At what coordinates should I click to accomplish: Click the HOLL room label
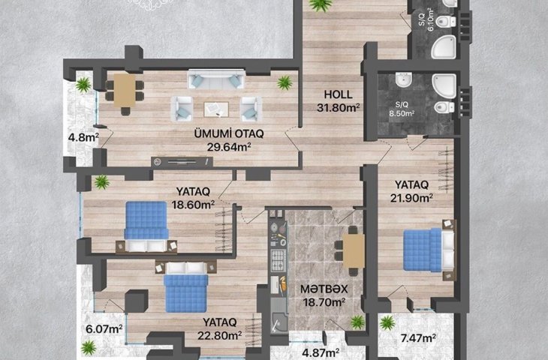338,94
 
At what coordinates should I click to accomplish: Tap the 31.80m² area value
339,108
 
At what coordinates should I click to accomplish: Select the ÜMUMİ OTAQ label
229,133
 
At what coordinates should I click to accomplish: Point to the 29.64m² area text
229,147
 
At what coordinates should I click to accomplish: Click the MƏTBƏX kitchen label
324,289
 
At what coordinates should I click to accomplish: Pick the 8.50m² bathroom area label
402,113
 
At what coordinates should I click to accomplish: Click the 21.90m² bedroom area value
411,198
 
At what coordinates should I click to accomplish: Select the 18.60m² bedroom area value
193,205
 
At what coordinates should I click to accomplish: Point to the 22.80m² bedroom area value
219,335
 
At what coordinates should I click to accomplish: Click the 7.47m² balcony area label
418,338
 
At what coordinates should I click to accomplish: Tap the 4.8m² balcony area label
83,137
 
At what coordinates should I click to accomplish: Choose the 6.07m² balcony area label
104,329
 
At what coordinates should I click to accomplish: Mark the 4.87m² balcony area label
321,352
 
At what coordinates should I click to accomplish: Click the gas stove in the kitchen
279,260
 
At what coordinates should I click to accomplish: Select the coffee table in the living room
216,109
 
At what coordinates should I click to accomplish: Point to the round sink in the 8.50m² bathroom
404,80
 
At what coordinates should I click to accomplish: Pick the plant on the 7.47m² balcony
387,322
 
